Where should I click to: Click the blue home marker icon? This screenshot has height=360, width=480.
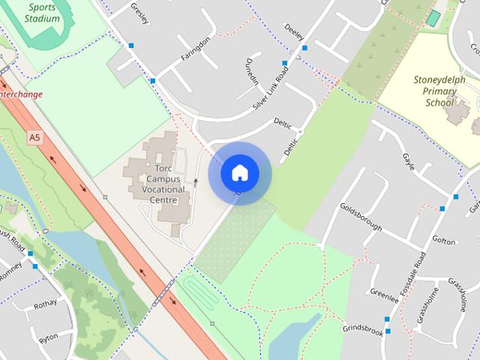tap(239, 173)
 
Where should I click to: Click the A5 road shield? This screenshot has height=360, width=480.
tap(34, 137)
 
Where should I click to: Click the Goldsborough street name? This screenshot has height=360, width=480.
tap(361, 217)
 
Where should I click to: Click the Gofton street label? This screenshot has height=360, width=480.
tap(443, 241)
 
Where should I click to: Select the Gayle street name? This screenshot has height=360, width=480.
tap(408, 162)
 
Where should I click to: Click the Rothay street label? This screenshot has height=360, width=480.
tap(45, 304)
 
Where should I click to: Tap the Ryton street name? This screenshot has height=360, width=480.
tap(48, 337)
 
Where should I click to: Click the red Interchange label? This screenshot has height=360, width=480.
tap(20, 94)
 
